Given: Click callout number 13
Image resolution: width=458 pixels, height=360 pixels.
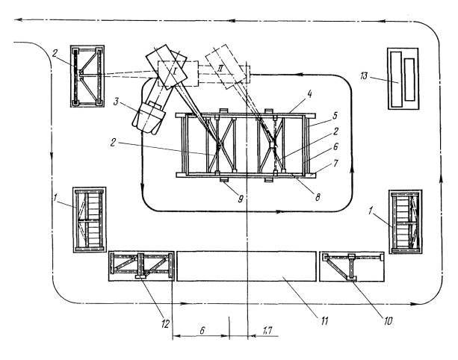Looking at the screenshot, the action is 364,77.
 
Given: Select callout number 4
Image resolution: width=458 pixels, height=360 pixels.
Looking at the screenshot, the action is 310,94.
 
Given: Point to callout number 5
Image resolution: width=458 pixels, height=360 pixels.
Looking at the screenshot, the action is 335,115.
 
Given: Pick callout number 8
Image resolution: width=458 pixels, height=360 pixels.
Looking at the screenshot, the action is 318,197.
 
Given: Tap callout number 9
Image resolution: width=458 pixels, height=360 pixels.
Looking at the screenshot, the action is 241,199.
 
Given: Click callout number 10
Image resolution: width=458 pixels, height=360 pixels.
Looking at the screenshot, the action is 388,321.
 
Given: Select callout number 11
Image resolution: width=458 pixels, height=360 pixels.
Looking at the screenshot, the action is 325,321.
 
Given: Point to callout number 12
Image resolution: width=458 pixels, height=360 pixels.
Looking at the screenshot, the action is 165,323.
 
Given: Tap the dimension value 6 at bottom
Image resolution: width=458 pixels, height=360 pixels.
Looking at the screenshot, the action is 202,331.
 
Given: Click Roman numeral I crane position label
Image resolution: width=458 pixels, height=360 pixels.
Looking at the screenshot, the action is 174,71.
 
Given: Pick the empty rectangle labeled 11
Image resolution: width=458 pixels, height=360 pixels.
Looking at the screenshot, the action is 247,266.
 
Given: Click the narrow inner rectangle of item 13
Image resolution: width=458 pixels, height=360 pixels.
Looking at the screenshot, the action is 409,79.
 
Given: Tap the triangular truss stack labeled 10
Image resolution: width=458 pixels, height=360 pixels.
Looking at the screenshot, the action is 352,267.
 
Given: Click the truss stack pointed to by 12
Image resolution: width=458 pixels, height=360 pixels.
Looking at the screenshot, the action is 142,266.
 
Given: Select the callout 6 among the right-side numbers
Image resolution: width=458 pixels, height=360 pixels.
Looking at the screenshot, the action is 335,146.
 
